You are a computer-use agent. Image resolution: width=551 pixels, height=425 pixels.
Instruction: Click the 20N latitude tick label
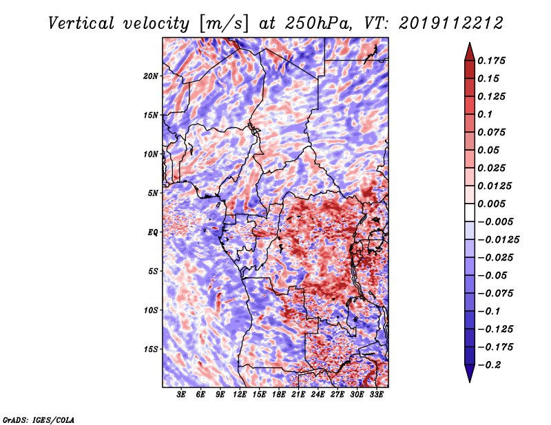(x=151, y=76)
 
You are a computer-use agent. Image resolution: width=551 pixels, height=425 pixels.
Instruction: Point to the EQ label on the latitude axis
(x=152, y=232)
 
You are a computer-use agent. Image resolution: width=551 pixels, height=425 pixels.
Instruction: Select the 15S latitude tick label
(x=151, y=349)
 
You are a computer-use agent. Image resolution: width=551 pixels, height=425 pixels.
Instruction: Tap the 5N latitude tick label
(x=152, y=193)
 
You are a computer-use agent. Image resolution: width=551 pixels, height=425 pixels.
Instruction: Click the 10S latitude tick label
(x=151, y=310)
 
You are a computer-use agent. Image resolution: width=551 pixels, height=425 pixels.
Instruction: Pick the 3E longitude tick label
(x=181, y=395)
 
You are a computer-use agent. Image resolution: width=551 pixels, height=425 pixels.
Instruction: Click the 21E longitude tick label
(x=298, y=395)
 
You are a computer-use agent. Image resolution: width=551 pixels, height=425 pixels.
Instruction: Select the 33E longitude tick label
(x=376, y=395)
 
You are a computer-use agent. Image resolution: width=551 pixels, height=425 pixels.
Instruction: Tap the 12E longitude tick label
(x=240, y=395)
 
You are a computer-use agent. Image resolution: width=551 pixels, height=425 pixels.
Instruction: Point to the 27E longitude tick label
(x=337, y=395)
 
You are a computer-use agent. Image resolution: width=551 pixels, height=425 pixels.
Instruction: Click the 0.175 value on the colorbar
(x=491, y=61)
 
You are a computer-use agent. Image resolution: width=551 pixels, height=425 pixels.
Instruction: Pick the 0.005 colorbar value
(x=491, y=204)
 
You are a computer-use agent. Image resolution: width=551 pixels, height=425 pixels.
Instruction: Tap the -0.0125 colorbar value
(x=498, y=240)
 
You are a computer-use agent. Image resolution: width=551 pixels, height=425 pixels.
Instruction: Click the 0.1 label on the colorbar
(x=485, y=114)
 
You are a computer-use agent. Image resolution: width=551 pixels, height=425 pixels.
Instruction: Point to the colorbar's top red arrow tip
(x=470, y=43)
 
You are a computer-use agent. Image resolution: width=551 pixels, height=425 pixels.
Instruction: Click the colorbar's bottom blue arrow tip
(x=470, y=382)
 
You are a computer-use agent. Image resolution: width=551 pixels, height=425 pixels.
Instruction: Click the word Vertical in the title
(x=81, y=23)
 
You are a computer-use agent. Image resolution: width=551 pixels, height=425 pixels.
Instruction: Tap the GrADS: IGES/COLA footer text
(x=39, y=420)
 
